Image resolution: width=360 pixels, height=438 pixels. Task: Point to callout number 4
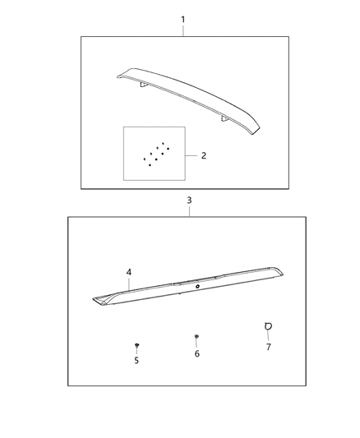click(129, 271)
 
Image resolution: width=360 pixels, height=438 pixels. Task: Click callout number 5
click(136, 360)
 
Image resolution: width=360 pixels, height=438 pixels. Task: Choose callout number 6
click(197, 353)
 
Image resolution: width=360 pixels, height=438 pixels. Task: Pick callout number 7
click(267, 347)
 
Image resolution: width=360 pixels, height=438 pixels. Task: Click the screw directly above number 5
click(136, 346)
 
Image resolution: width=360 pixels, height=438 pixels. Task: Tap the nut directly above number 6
click(197, 338)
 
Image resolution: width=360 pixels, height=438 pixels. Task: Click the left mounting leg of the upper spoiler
click(143, 85)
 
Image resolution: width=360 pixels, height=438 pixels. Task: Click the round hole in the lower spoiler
click(198, 288)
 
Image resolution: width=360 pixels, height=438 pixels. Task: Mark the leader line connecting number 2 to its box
click(193, 154)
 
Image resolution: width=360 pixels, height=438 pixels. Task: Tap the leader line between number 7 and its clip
click(267, 337)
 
